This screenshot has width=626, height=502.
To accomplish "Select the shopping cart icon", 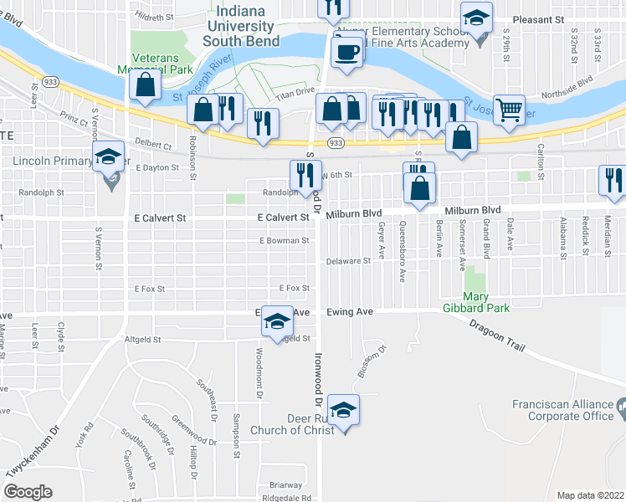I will [x=509, y=109].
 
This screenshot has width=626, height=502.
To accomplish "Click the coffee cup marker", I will [x=346, y=53].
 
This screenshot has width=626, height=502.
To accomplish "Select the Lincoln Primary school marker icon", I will [x=108, y=157].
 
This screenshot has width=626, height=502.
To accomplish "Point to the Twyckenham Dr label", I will [x=34, y=464].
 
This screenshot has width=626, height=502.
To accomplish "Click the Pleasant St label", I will [x=532, y=18].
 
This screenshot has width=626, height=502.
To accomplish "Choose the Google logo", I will [x=28, y=492].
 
